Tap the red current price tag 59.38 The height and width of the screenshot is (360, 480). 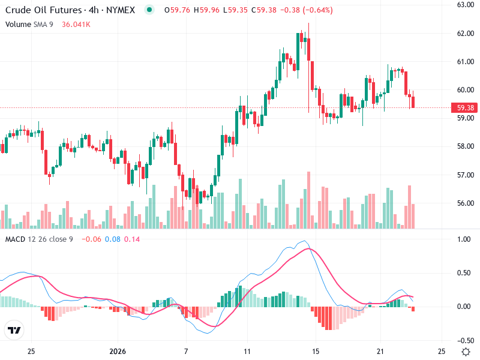466,108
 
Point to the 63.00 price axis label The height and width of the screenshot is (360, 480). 466,5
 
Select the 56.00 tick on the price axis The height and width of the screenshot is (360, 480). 466,203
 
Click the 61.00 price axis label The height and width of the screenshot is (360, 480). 466,61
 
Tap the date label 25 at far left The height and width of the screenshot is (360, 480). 32,351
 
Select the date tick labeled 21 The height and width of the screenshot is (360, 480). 379,351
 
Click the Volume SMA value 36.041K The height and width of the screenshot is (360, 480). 76,24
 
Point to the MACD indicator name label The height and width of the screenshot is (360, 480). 16,239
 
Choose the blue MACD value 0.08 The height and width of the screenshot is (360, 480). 113,239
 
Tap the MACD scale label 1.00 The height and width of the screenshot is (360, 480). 464,239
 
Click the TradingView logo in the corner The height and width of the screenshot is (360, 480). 14,331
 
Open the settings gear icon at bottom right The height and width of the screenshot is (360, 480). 465,351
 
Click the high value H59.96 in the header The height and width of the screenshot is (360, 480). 210,10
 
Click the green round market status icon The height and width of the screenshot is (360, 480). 149,10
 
